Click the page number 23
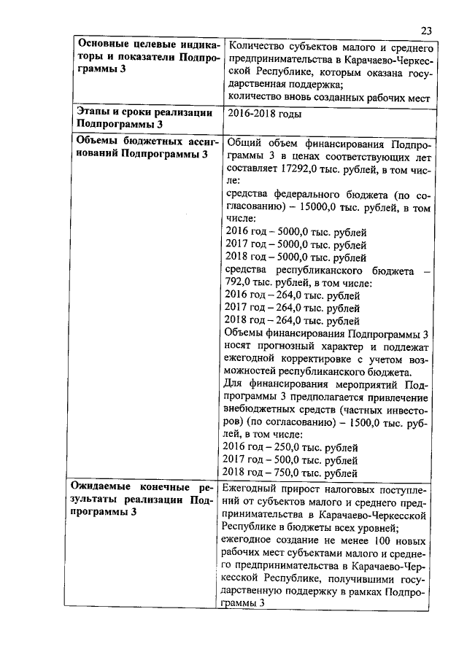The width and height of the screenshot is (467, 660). coord(427,30)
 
